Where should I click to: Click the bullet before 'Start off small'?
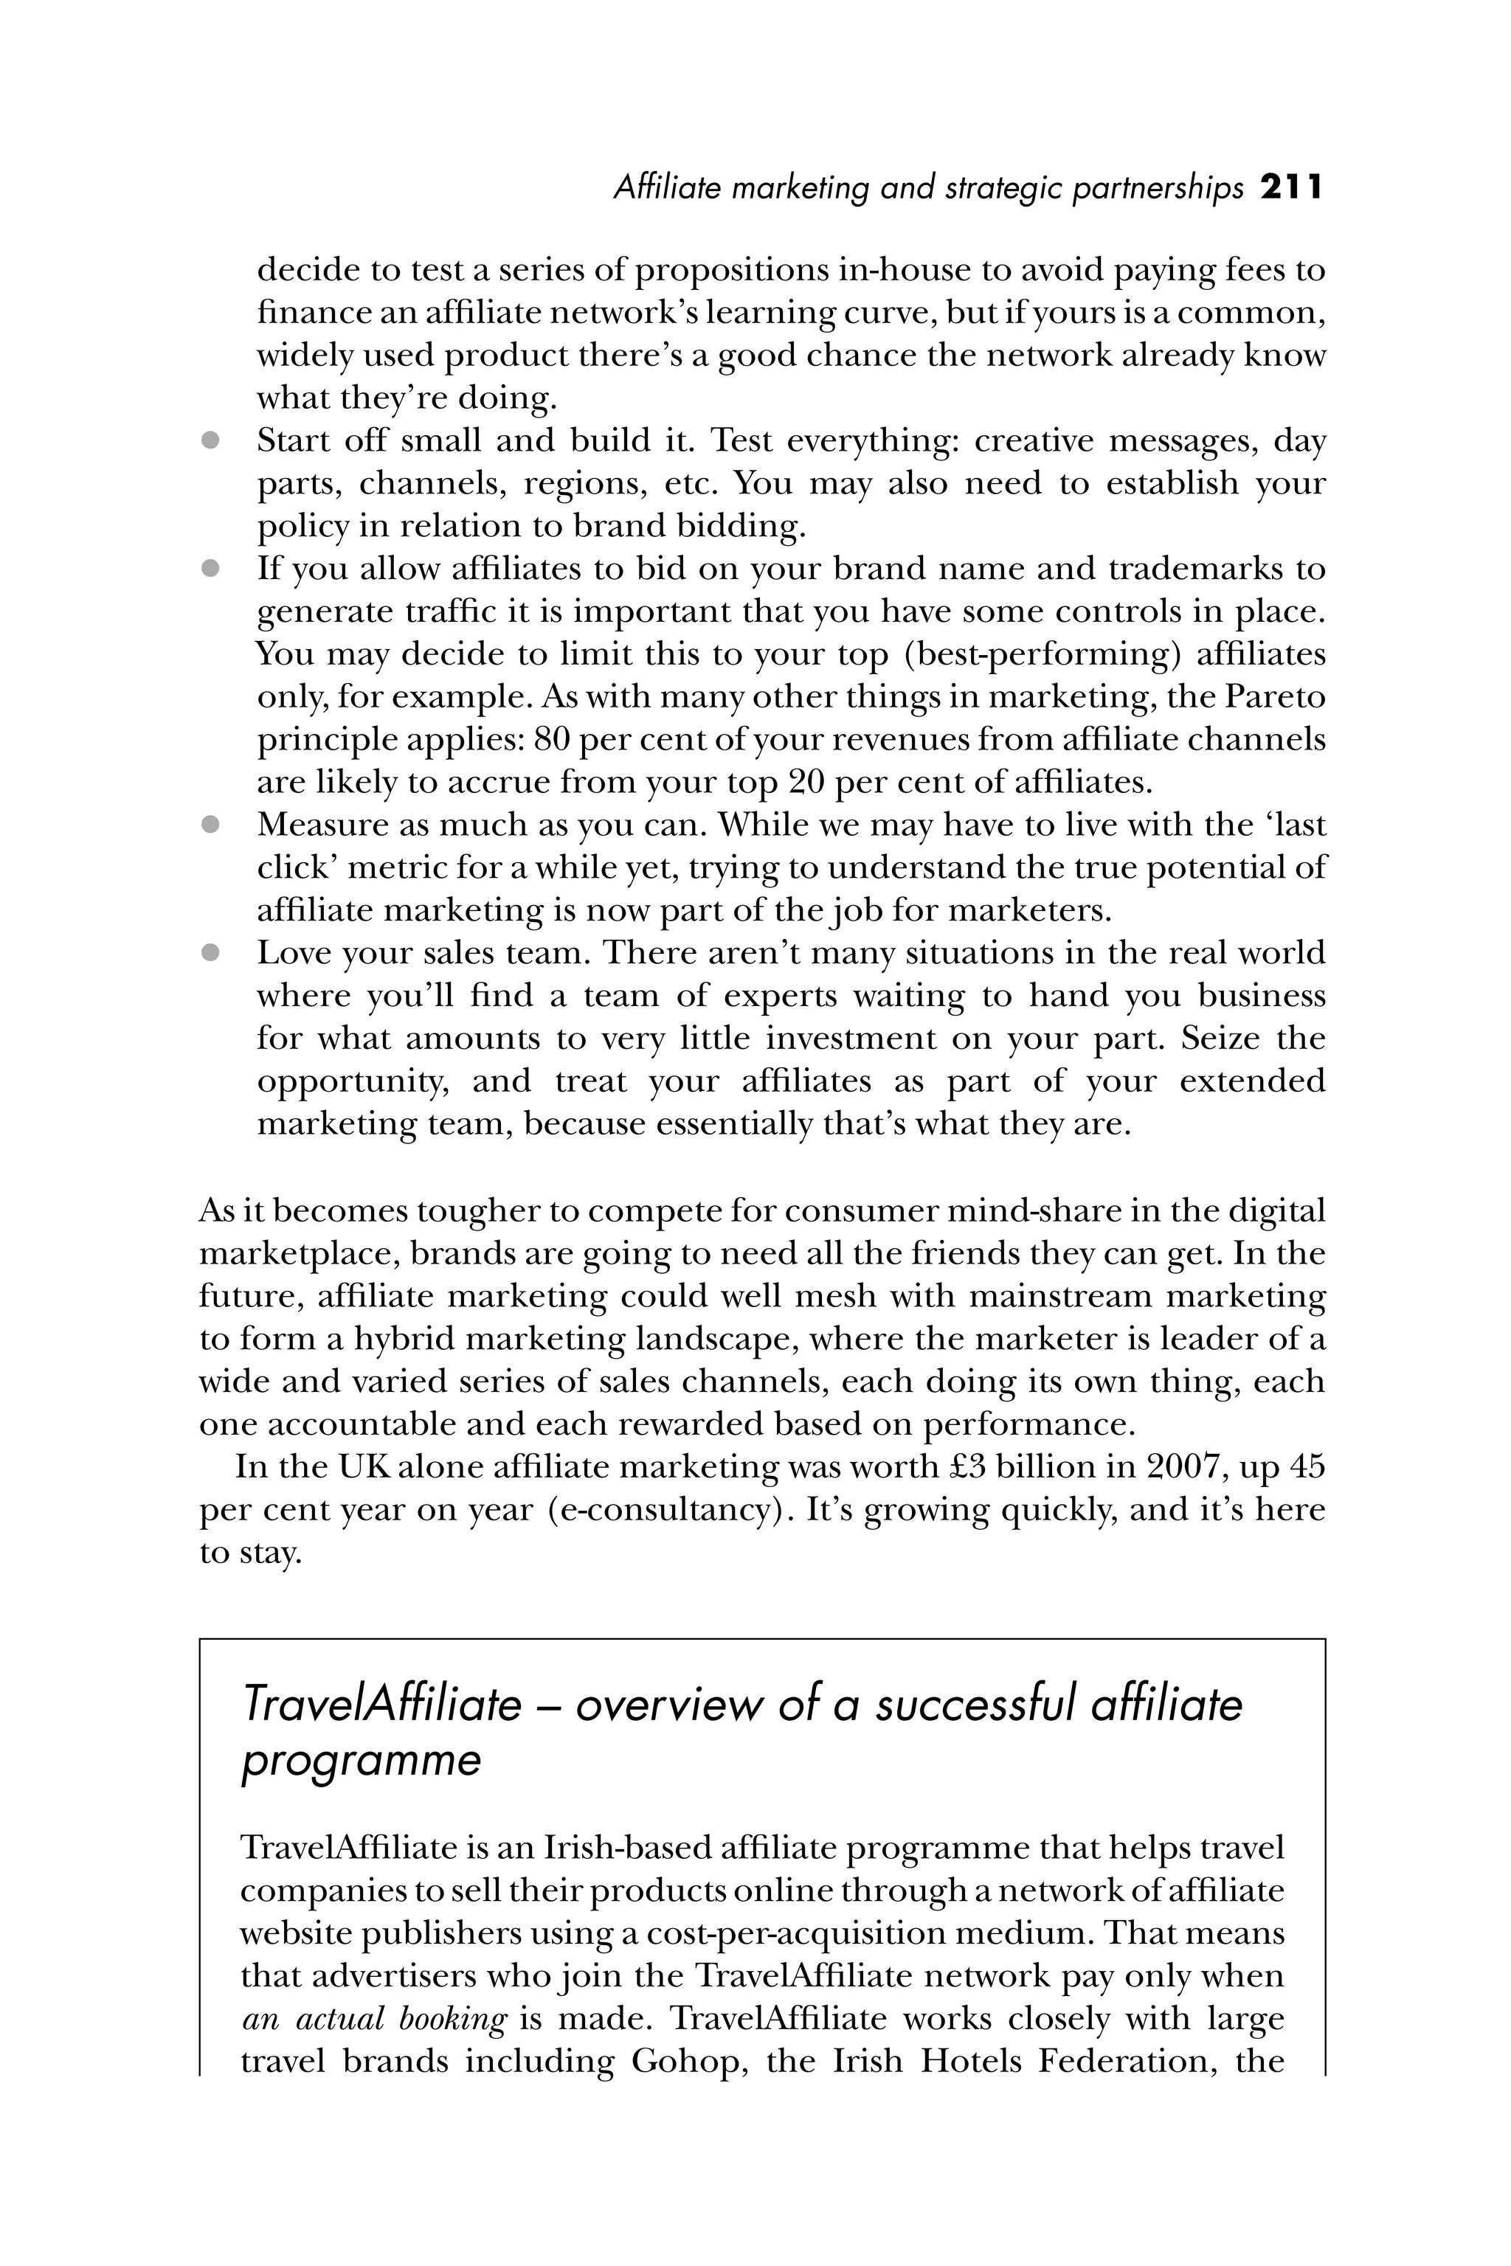click(210, 441)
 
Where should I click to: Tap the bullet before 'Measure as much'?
click(210, 825)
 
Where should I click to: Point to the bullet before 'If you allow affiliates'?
click(210, 569)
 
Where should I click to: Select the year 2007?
click(1186, 1466)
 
